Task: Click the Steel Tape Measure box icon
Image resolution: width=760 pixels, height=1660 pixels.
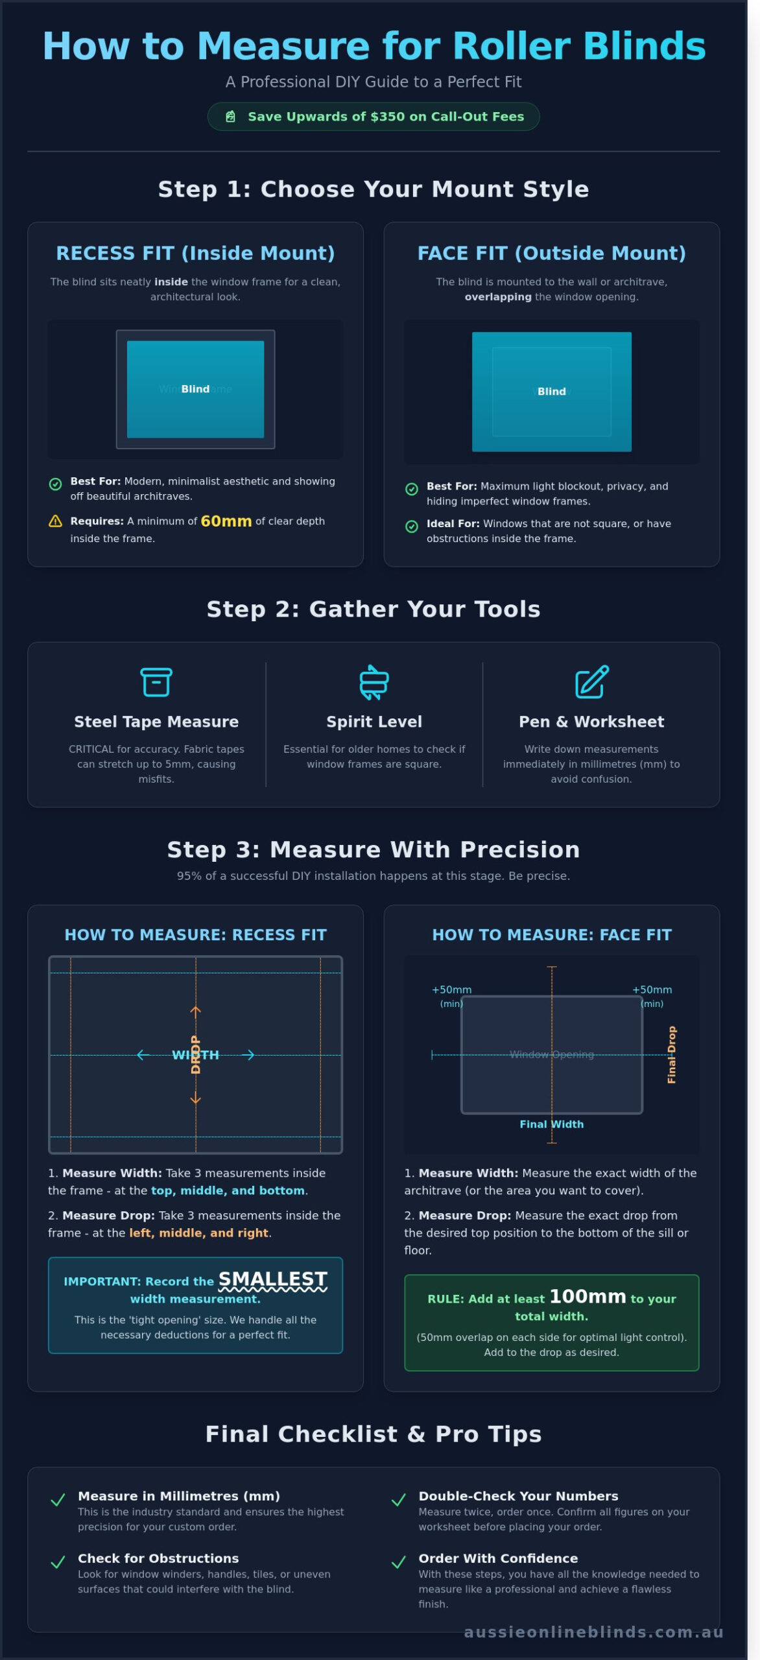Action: [x=156, y=682]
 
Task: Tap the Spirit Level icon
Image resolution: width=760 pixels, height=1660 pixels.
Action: [x=374, y=682]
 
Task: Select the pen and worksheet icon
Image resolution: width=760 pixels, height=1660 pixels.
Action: [x=591, y=682]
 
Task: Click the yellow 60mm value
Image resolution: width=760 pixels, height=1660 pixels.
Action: [x=226, y=521]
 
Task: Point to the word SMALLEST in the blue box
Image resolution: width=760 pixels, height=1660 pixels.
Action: [x=272, y=1279]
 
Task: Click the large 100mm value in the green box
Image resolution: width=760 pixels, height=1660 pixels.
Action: [x=588, y=1296]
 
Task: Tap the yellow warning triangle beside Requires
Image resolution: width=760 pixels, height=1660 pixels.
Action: [x=56, y=521]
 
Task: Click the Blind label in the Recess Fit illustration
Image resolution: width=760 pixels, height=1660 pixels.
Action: [x=195, y=389]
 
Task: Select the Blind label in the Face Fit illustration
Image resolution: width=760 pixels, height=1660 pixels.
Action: [x=551, y=392]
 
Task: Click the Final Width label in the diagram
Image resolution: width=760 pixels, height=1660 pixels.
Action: [x=551, y=1124]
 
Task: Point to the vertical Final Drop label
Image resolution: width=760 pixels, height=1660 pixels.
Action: [x=672, y=1054]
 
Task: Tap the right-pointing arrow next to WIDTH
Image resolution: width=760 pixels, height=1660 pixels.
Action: [x=248, y=1055]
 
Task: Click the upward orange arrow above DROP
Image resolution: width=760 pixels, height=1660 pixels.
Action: [x=195, y=1011]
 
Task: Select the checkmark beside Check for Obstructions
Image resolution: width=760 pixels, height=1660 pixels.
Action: [x=58, y=1562]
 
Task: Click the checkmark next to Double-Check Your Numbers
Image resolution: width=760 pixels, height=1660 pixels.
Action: [x=399, y=1500]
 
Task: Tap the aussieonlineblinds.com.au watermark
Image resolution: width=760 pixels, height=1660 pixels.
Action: [x=593, y=1632]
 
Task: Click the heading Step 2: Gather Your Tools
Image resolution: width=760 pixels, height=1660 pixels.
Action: [x=374, y=609]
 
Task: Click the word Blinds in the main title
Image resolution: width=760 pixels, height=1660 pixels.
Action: [x=644, y=46]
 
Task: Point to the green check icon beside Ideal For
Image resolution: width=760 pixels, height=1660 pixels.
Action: [x=412, y=527]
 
